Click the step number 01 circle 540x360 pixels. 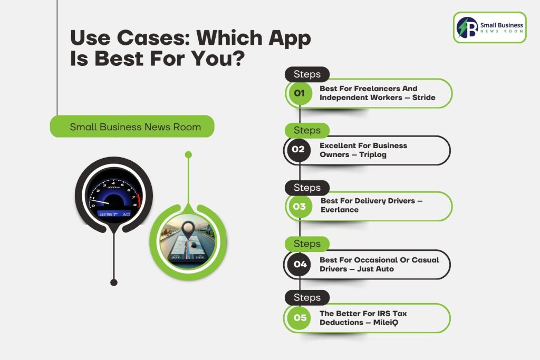pos(300,93)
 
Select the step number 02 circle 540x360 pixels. pos(298,150)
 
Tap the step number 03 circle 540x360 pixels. pos(300,207)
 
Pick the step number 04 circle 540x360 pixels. pos(300,264)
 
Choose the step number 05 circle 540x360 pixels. pos(300,318)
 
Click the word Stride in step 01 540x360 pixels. pos(423,98)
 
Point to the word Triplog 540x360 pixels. pos(373,155)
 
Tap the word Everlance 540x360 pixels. pos(340,210)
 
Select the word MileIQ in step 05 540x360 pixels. pos(385,323)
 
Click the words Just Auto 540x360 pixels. pos(375,269)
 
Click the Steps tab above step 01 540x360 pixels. pos(307,74)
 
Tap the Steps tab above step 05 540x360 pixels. pos(307,297)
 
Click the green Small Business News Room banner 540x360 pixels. pos(132,127)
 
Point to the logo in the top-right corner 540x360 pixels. pos(490,27)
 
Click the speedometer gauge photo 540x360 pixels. pos(114,195)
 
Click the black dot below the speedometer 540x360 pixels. pos(114,282)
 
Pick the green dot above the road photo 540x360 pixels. pos(188,155)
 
